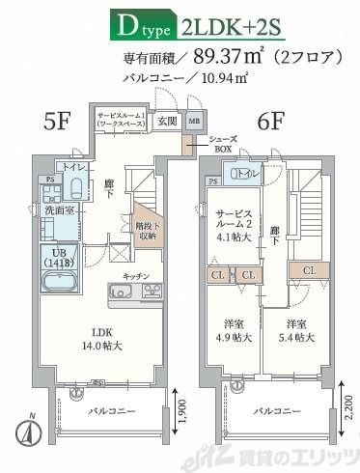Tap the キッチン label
[x=134, y=276]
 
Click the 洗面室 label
[x=54, y=210]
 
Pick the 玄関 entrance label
[x=167, y=121]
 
